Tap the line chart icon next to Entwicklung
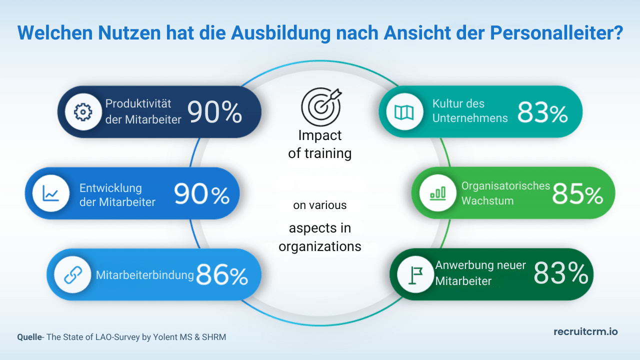(x=50, y=193)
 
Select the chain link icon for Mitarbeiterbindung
(x=72, y=274)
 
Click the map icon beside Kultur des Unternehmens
(x=403, y=112)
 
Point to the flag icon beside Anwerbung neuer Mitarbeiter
(x=415, y=275)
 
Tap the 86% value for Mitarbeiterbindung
(x=222, y=275)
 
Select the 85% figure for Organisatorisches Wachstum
(x=577, y=193)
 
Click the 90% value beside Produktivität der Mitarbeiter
(x=214, y=112)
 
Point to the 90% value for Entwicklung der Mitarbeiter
(x=201, y=194)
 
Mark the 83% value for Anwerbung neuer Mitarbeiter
(x=560, y=274)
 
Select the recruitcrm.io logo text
(x=585, y=331)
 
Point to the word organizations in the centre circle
(x=320, y=246)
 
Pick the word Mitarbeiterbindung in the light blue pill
(x=144, y=275)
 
